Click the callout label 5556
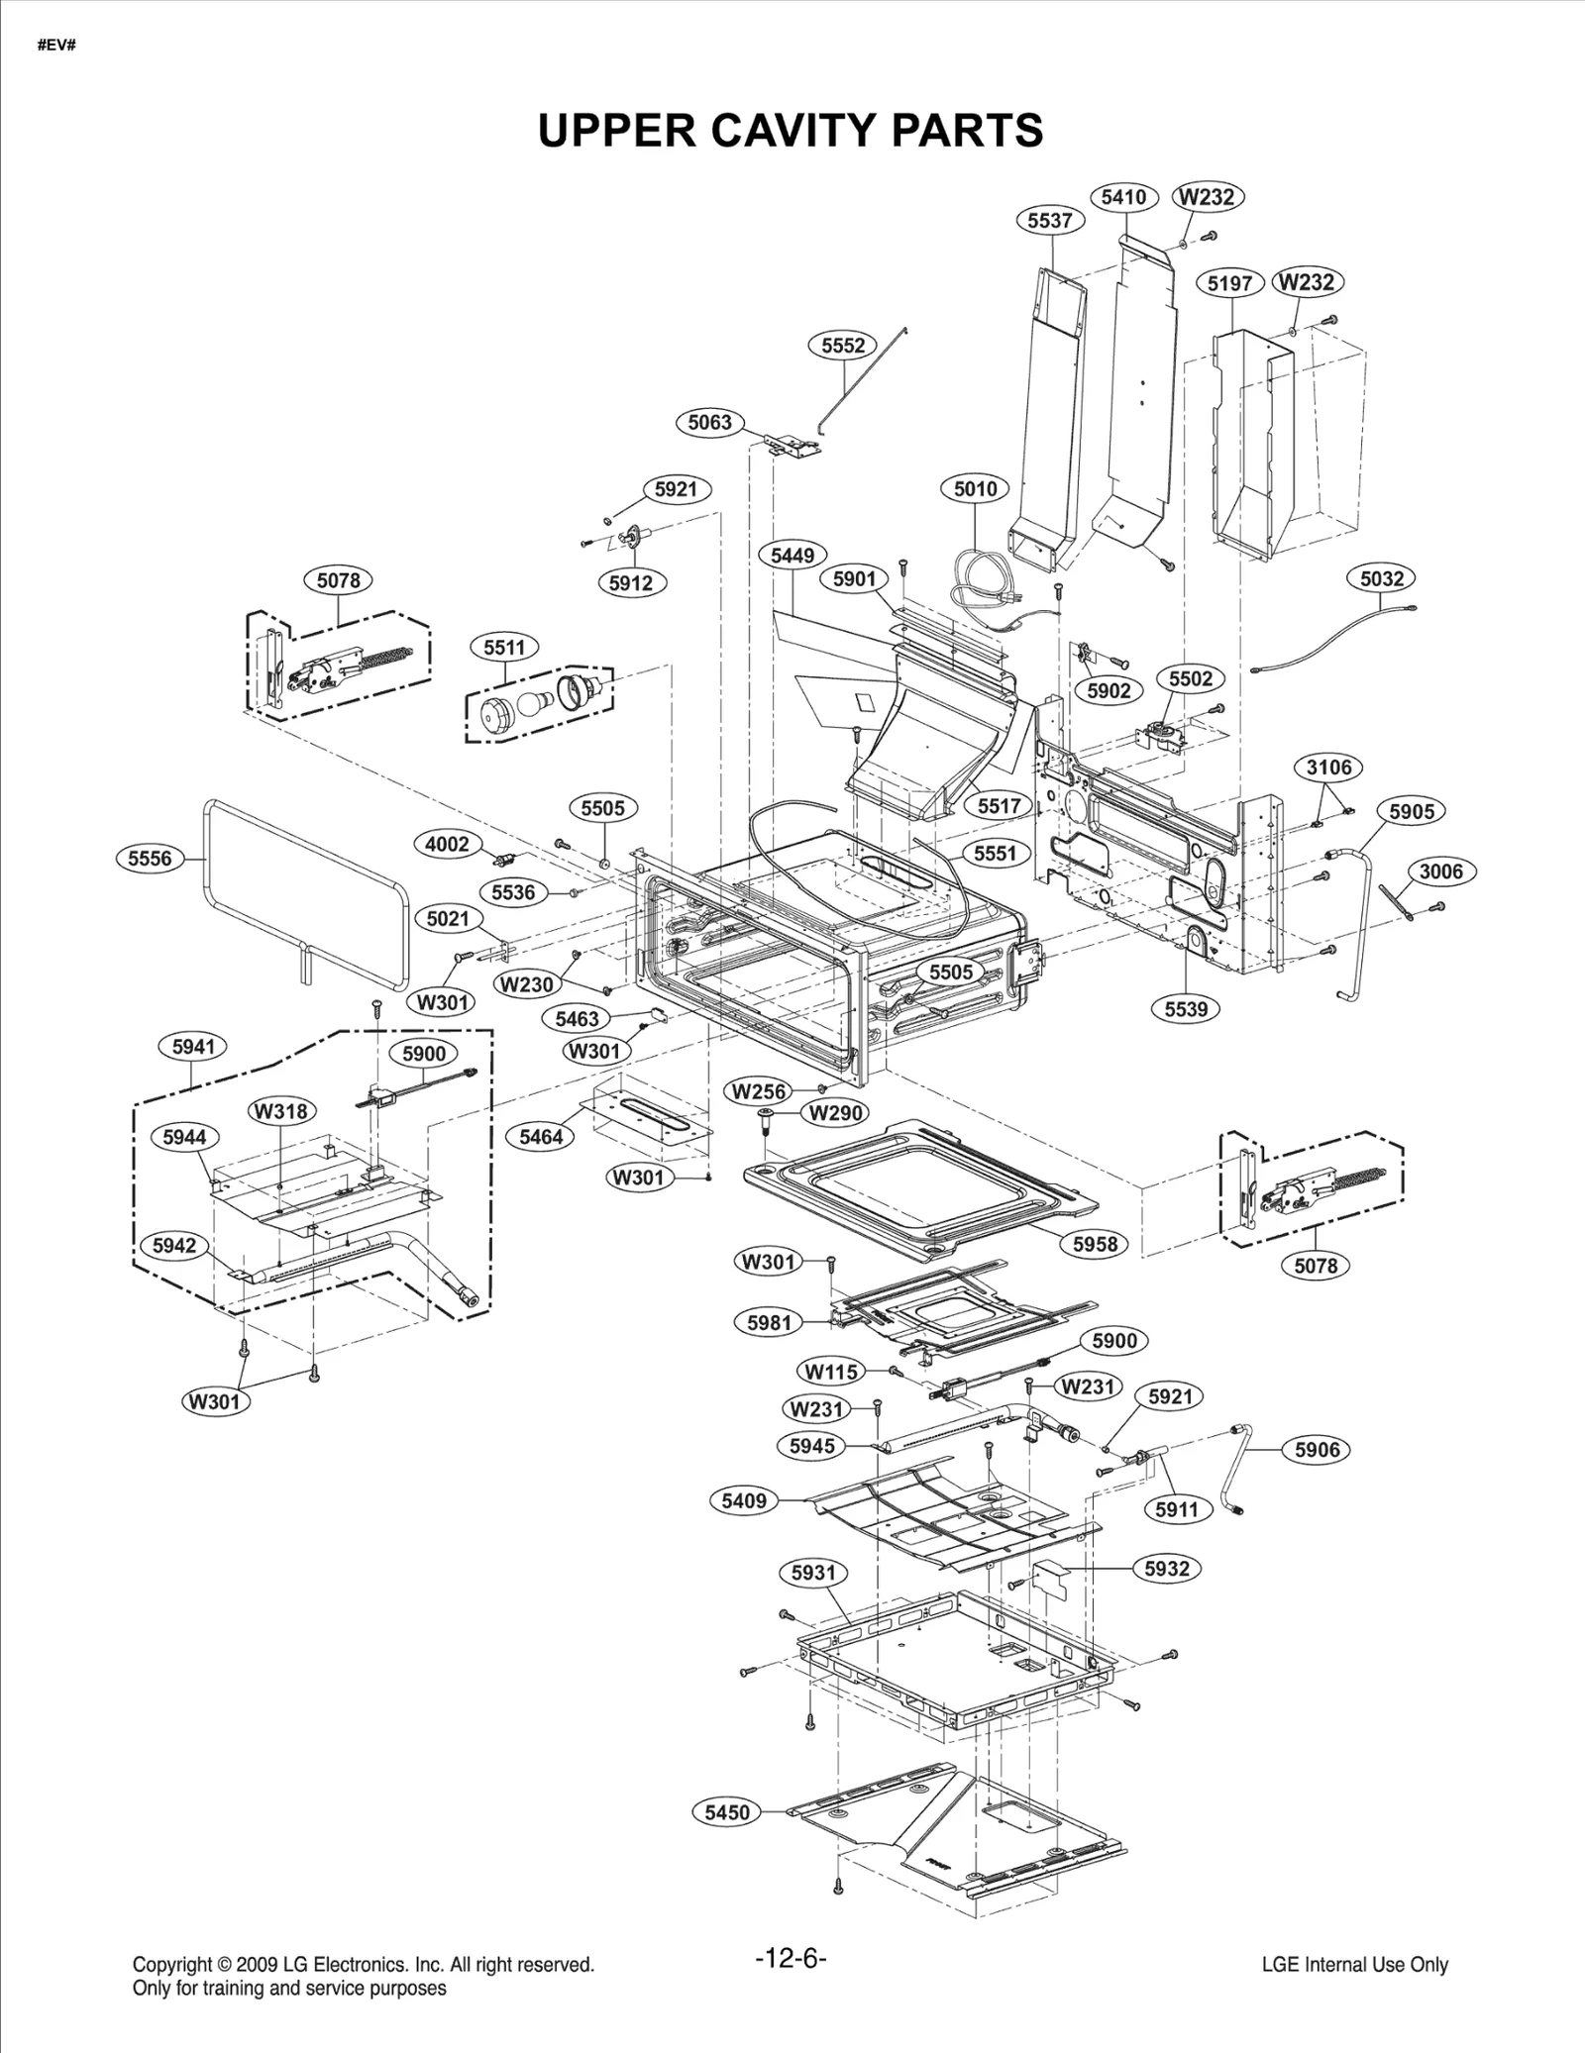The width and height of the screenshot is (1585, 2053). tap(150, 859)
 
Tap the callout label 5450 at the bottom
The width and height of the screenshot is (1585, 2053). tap(727, 1812)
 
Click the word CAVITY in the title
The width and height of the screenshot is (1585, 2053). tap(792, 130)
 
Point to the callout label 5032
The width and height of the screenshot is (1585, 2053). tap(1382, 577)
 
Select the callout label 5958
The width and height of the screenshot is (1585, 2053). tap(1095, 1244)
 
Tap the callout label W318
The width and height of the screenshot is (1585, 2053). tap(282, 1111)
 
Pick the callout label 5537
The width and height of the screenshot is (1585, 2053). tap(1049, 220)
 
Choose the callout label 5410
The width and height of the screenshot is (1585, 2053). tap(1123, 196)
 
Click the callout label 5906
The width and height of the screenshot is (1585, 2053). tap(1317, 1450)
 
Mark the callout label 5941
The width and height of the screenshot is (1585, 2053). tap(193, 1047)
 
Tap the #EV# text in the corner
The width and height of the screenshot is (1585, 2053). tap(56, 47)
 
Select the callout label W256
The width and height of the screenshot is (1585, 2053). tap(759, 1091)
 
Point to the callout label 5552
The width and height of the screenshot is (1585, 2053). tap(843, 346)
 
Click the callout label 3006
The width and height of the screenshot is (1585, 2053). tap(1440, 872)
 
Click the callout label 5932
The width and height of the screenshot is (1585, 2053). tap(1166, 1568)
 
